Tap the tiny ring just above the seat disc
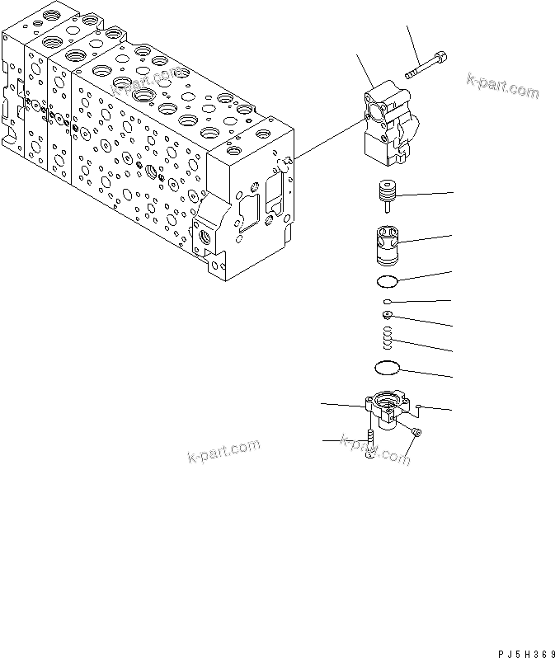click(x=387, y=303)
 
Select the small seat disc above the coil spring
click(x=387, y=314)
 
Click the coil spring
click(x=387, y=337)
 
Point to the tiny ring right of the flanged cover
click(x=420, y=406)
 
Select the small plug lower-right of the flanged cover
click(x=416, y=434)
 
